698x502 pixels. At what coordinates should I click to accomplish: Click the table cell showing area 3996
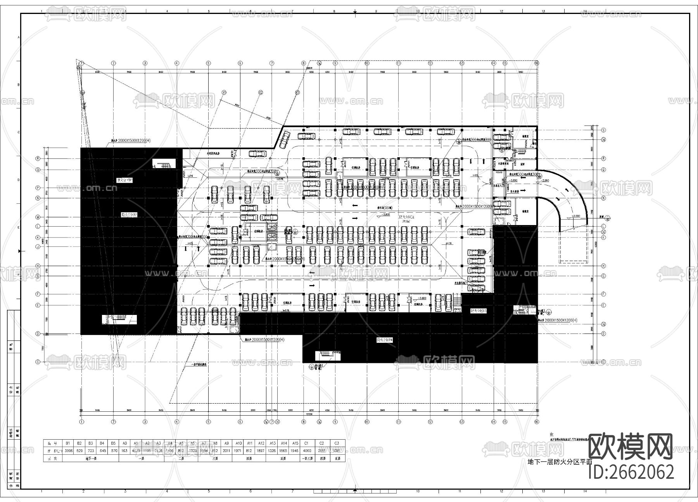click(68, 450)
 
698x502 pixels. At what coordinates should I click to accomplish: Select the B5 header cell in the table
click(114, 443)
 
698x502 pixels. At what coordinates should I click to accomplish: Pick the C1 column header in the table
click(306, 443)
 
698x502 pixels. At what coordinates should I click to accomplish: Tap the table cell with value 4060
click(306, 450)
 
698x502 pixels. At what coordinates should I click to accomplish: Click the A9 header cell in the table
click(227, 443)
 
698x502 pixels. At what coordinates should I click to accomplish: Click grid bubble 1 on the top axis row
click(82, 63)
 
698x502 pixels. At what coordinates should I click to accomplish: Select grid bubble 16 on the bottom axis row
click(537, 421)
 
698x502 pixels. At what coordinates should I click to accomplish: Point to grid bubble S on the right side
click(603, 130)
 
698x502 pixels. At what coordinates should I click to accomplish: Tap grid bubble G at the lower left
click(38, 362)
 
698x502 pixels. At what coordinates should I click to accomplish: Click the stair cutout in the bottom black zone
click(328, 355)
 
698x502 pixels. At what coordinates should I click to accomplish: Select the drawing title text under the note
click(560, 462)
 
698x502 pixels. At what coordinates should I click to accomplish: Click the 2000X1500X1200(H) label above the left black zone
click(128, 141)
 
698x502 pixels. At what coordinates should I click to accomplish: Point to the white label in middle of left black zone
click(129, 214)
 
